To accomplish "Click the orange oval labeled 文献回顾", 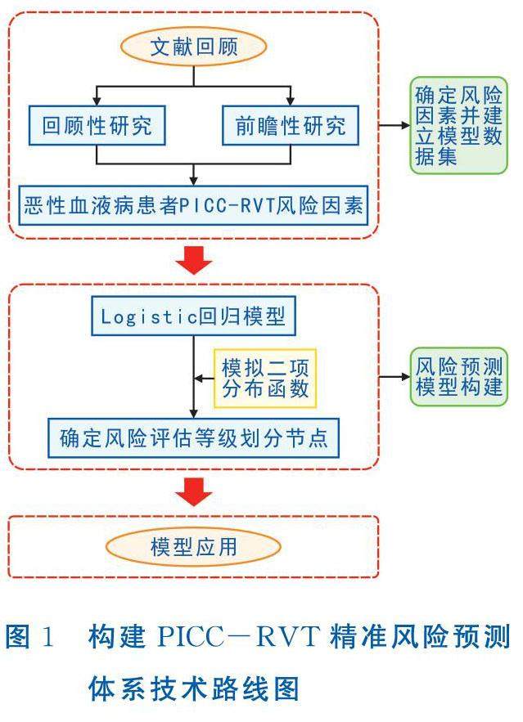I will click(x=194, y=48).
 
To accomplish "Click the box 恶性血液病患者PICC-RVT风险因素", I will click(x=194, y=201).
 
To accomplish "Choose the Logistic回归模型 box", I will click(x=193, y=316).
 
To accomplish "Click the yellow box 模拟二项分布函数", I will click(x=265, y=379).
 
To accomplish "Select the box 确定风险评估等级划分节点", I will click(x=193, y=437).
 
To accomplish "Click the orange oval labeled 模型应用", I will click(x=194, y=546).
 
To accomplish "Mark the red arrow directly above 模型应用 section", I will click(x=194, y=493).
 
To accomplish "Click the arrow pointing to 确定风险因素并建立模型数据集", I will click(x=395, y=125).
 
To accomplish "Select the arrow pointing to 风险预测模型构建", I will click(x=395, y=377).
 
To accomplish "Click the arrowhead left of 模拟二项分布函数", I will click(x=199, y=379).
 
